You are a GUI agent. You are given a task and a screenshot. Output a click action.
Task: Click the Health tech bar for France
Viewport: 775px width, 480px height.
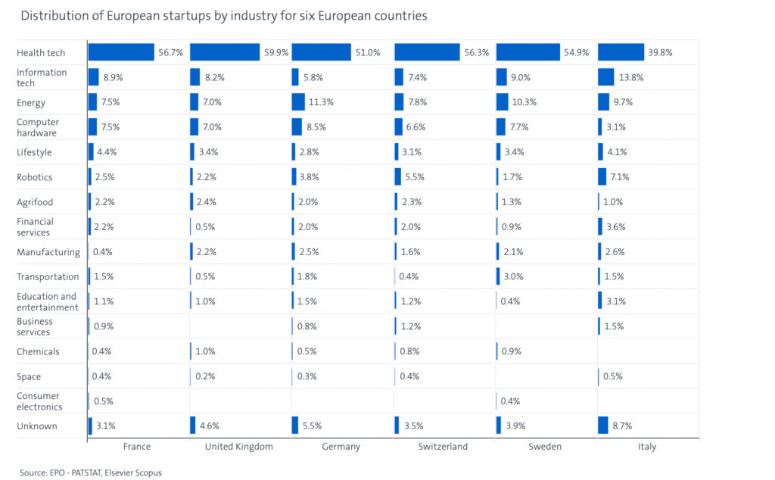point(121,52)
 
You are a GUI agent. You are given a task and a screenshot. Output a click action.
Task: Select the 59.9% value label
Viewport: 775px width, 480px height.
point(274,53)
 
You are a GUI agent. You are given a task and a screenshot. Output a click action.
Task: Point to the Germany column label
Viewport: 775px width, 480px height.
point(341,447)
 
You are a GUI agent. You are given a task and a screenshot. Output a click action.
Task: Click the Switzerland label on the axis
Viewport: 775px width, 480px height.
point(443,447)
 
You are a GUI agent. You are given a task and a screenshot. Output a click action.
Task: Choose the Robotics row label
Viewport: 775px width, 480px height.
point(35,177)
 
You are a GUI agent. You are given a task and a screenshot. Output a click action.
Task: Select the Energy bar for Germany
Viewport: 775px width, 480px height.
point(299,102)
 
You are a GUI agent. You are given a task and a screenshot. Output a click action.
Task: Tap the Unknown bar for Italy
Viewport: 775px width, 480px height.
point(602,425)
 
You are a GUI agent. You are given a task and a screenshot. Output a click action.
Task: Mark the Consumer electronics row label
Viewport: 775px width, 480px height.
point(39,401)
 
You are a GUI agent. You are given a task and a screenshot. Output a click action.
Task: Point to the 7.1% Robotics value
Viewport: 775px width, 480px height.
point(620,177)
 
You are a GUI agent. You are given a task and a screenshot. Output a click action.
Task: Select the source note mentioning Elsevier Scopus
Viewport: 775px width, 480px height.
point(91,472)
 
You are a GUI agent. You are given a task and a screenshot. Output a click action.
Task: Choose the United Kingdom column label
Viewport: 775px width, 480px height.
point(239,447)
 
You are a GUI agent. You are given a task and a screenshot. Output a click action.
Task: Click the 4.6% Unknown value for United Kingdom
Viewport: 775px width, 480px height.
point(210,425)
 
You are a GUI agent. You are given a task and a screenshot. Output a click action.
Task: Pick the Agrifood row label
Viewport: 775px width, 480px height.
point(35,202)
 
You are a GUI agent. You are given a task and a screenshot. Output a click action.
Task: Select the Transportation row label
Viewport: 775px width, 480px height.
point(48,276)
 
